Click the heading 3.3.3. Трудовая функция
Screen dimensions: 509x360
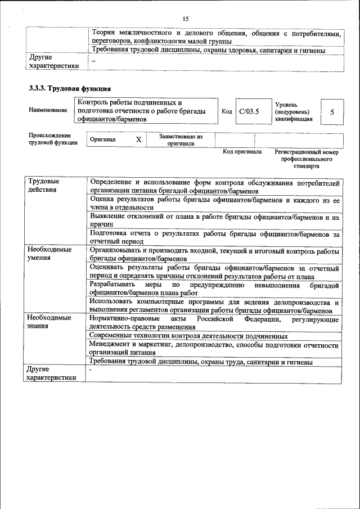click(70, 89)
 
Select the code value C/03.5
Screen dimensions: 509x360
click(248, 111)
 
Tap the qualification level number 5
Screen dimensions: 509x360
click(332, 111)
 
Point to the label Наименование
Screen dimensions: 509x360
click(47, 111)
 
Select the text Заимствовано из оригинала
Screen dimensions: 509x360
click(180, 139)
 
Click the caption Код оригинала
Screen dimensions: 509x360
click(242, 152)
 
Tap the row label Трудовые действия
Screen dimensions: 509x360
click(43, 186)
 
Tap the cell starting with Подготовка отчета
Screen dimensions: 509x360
click(214, 237)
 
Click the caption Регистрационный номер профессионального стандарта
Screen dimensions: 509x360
click(307, 159)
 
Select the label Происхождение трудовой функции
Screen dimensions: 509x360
click(50, 139)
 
